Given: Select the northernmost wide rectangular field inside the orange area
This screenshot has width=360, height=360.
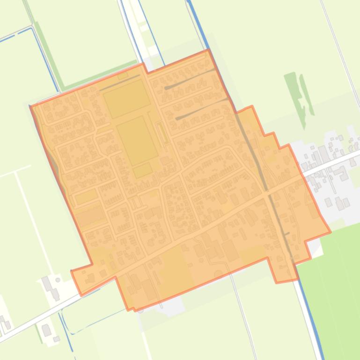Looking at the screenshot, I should click(126, 98).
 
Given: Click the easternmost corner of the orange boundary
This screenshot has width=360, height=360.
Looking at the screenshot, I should click(331, 231).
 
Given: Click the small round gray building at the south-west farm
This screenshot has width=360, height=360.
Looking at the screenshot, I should click(58, 280).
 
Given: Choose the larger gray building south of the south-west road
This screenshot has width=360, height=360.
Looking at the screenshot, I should click(46, 330).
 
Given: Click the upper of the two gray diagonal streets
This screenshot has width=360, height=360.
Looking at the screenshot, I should click(190, 79).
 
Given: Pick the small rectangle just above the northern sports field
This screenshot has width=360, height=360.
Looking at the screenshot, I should click(123, 76).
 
